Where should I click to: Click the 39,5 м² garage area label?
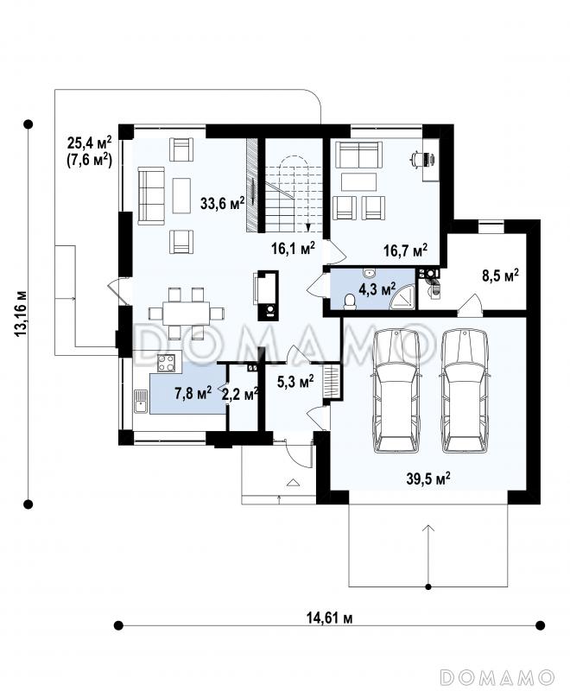[428, 479]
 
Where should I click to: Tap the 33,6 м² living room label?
[223, 203]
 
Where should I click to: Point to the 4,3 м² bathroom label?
[377, 289]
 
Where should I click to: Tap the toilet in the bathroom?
[350, 301]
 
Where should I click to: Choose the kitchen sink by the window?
[141, 401]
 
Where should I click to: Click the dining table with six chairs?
[187, 314]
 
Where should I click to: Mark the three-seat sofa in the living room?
[151, 195]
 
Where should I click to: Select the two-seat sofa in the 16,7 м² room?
[358, 155]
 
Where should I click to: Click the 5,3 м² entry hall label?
[295, 382]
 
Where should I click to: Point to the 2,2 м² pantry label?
[239, 394]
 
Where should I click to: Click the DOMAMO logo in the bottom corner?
[497, 676]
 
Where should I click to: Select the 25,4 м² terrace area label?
[90, 143]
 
